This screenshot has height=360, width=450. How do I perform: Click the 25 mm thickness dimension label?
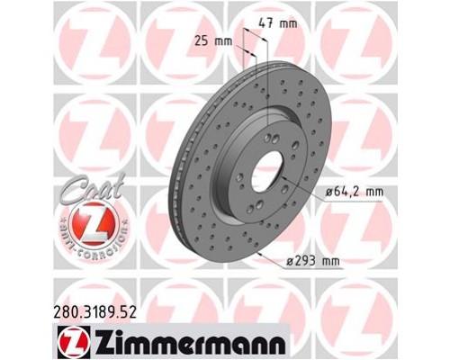pos(208,41)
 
